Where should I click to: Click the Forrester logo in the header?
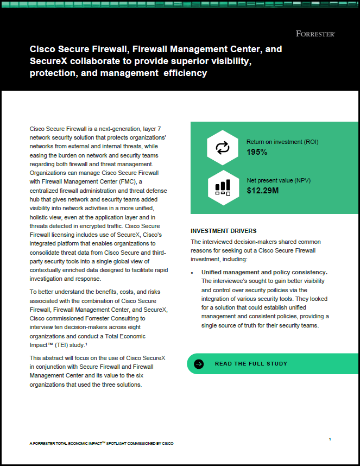point(315,34)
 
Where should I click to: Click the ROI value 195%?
point(257,152)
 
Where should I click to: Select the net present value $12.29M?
point(263,190)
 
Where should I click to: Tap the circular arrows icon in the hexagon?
point(223,147)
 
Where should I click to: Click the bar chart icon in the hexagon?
point(223,187)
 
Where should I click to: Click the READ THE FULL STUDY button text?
point(251,363)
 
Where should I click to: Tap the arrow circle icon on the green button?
point(199,364)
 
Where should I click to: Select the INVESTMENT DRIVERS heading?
point(224,231)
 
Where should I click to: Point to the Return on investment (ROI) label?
point(282,142)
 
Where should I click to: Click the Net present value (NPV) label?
point(279,180)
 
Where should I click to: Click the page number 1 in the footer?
point(330,439)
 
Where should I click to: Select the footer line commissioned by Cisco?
point(102,444)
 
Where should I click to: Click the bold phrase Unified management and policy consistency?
point(264,272)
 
